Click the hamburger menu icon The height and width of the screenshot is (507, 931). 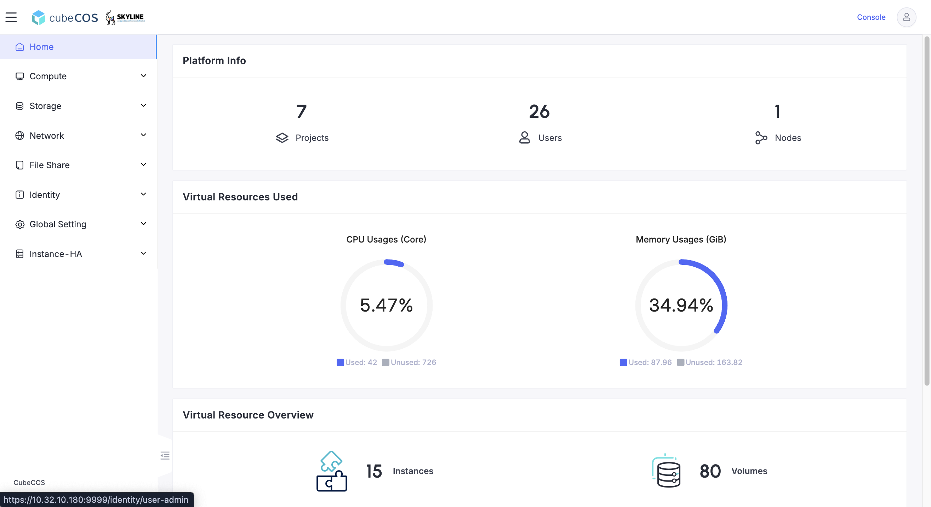11,17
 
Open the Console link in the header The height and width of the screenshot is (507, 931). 871,17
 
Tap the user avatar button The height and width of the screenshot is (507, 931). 907,17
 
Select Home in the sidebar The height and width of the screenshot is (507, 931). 41,47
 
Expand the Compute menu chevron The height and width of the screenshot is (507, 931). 143,76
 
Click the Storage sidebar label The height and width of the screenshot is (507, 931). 45,106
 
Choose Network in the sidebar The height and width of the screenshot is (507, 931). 47,136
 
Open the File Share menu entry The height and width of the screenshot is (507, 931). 50,165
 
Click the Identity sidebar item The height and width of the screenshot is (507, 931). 45,195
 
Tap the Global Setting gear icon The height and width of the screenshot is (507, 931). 20,224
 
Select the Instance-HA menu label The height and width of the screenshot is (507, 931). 56,254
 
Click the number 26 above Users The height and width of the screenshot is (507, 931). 539,111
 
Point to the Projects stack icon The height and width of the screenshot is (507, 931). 282,138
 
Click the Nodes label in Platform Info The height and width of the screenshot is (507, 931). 788,138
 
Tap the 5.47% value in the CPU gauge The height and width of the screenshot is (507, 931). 386,305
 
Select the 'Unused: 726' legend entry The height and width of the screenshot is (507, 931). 409,362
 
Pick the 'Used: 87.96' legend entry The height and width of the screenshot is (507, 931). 646,362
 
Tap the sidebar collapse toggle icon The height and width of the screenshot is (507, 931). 165,455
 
